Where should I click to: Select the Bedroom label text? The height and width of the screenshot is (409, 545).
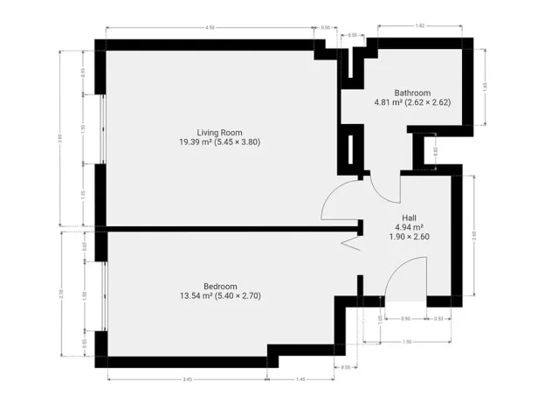[x=220, y=287]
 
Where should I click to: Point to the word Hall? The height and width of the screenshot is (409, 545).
[x=409, y=218]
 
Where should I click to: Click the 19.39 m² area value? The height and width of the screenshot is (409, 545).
[x=196, y=142]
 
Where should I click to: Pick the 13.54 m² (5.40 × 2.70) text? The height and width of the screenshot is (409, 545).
[x=220, y=296]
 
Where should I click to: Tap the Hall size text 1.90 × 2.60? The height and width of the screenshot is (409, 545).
[x=409, y=236]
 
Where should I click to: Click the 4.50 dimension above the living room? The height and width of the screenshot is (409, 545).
[x=210, y=28]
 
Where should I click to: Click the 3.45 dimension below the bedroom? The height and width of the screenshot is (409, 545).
[x=187, y=380]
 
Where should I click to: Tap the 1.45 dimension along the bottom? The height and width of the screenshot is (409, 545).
[x=300, y=380]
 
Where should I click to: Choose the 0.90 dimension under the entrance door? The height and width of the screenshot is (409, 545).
[x=405, y=319]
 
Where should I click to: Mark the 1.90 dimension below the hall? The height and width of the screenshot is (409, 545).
[x=407, y=341]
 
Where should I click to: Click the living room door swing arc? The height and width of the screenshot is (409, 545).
[x=339, y=201]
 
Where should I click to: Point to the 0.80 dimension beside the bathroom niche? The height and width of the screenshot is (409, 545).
[x=436, y=150]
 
